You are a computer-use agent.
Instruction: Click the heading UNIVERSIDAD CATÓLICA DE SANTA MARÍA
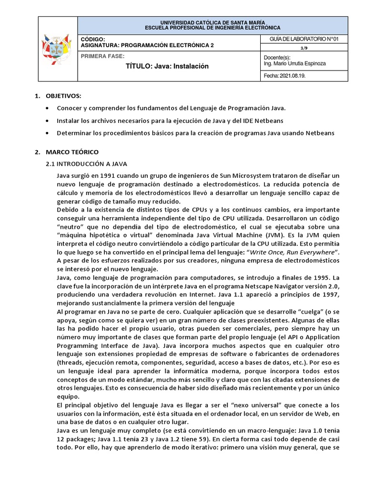[x=213, y=22]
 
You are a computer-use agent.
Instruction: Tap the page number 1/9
[x=304, y=48]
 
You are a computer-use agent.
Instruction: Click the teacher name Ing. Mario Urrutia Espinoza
[x=295, y=63]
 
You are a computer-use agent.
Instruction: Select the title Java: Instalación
[x=167, y=66]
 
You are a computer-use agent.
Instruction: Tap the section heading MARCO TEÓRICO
[x=72, y=152]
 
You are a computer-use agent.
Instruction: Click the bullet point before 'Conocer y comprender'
[x=47, y=109]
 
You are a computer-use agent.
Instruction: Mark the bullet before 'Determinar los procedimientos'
[x=47, y=133]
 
